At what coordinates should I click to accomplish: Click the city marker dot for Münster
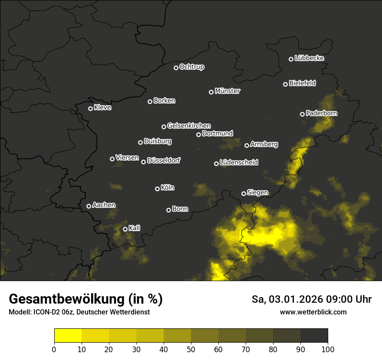[211, 92]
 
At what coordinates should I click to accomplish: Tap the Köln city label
[168, 188]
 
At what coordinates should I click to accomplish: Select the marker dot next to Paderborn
[303, 114]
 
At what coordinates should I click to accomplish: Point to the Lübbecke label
[309, 58]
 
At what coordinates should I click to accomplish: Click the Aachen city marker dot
[89, 206]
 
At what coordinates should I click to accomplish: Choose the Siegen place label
[257, 193]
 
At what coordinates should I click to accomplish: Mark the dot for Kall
[125, 229]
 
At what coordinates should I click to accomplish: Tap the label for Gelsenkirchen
[189, 126]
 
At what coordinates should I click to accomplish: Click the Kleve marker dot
[91, 108]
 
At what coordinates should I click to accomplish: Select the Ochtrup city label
[191, 67]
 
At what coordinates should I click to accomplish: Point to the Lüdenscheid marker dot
[217, 164]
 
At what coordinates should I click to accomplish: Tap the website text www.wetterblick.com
[313, 312]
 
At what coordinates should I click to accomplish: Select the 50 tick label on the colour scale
[191, 349]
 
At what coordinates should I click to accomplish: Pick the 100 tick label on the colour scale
[328, 349]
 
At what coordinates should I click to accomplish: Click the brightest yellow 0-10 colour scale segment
[68, 336]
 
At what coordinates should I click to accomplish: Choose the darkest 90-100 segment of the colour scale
[314, 336]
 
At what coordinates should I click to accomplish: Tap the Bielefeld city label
[302, 83]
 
